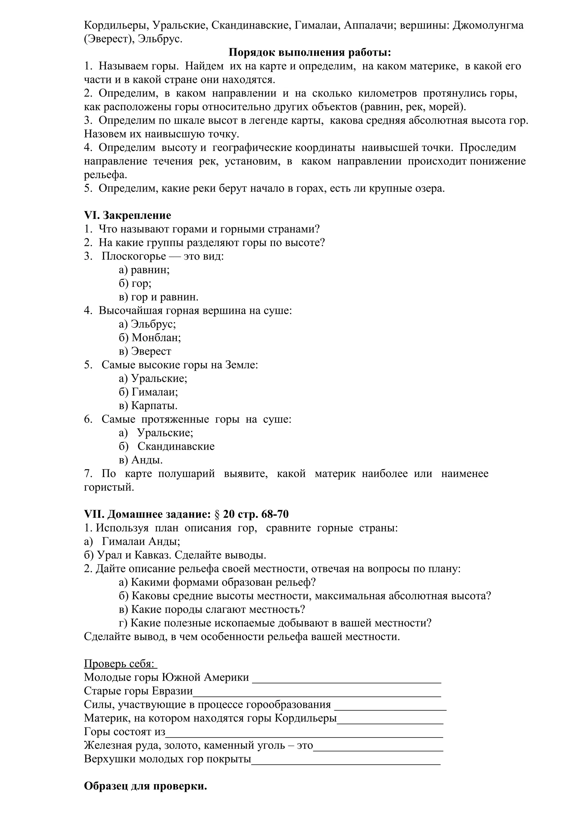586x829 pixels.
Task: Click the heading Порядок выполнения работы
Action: point(310,53)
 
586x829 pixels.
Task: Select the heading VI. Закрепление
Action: point(127,216)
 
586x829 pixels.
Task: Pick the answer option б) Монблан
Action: point(150,338)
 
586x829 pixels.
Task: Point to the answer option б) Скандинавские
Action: point(167,446)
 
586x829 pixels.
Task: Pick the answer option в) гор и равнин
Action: point(159,297)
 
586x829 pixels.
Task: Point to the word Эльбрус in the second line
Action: point(160,39)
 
